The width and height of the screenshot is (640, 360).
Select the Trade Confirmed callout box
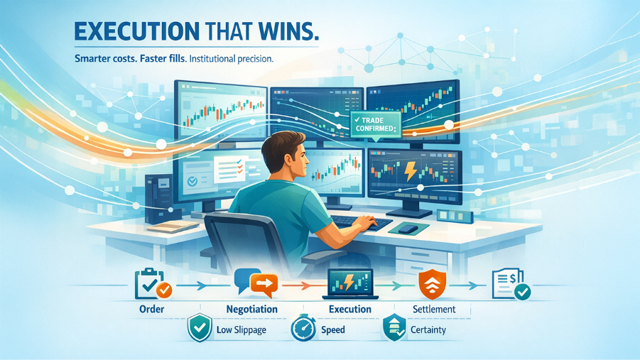pos(374,125)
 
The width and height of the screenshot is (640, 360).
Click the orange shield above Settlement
pos(430,283)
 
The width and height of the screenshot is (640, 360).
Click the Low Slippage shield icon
pos(199,329)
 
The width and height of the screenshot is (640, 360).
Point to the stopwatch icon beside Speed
pos(303,329)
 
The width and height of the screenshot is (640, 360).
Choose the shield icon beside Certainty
pos(394,329)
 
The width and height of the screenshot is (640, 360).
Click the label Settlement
pos(433,309)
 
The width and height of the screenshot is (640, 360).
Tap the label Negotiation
pos(251,309)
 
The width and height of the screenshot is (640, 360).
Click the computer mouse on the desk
pos(407,229)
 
